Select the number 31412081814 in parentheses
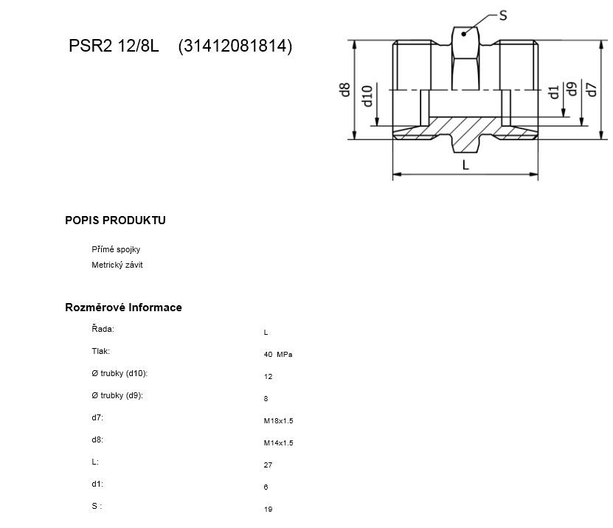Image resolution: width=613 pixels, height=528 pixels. [235, 46]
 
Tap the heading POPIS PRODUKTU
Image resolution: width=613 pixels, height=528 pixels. [115, 220]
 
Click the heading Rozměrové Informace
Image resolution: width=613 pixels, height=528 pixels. [123, 307]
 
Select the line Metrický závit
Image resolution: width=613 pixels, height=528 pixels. [117, 265]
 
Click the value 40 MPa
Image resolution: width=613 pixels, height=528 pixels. [277, 355]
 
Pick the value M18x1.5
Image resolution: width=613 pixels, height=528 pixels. [277, 421]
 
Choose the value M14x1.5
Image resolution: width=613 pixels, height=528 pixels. [277, 443]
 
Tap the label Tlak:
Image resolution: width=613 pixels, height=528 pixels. [101, 351]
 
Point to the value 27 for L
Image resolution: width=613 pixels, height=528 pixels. [268, 465]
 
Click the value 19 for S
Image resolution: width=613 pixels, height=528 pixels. [268, 510]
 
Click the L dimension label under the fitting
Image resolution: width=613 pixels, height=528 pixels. [465, 166]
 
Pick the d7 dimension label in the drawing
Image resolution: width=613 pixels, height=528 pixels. [592, 89]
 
